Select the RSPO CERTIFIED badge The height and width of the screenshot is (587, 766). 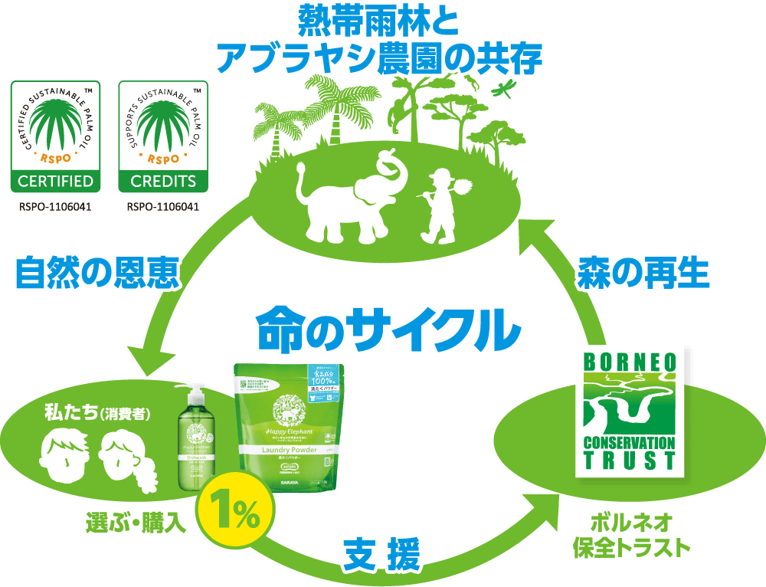(x=55, y=137)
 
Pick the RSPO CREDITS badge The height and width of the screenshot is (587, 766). (x=163, y=137)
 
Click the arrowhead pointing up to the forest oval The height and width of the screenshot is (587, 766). (x=536, y=234)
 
